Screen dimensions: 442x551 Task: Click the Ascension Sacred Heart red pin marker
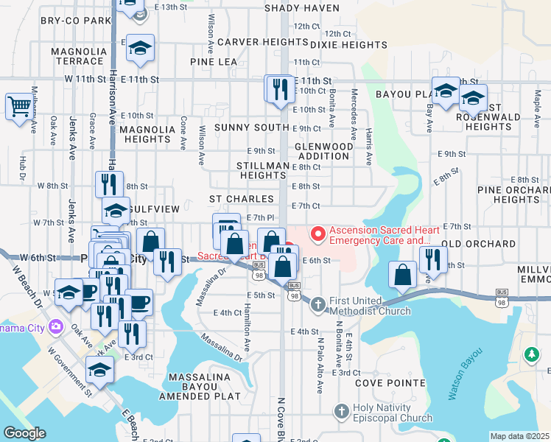(x=319, y=234)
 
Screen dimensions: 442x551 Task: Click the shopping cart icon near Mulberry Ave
(x=19, y=106)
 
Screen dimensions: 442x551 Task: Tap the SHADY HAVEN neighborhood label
(x=300, y=8)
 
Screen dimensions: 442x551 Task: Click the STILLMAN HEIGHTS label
(x=262, y=171)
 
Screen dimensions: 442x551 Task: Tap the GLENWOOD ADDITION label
(x=324, y=151)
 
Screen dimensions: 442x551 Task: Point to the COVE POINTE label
(x=390, y=383)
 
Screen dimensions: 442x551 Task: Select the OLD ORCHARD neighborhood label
(x=479, y=243)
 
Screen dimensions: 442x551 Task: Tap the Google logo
(x=25, y=433)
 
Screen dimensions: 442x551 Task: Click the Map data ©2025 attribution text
(x=519, y=436)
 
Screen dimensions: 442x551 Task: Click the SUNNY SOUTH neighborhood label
(x=251, y=127)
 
